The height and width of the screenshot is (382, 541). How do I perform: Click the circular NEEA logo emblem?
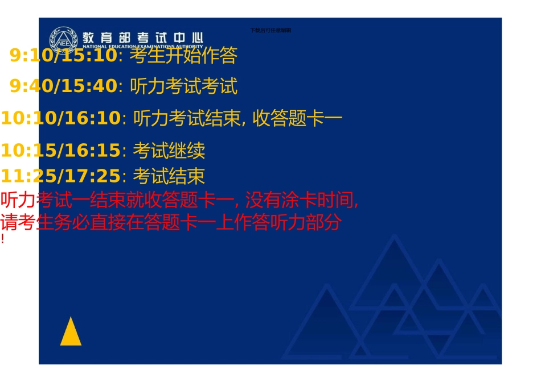click(63, 39)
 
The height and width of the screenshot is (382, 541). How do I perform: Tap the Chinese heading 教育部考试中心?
click(142, 37)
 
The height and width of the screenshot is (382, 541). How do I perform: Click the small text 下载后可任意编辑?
click(270, 30)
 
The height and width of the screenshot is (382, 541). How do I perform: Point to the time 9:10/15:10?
click(63, 55)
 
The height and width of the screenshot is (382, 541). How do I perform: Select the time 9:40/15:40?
click(63, 86)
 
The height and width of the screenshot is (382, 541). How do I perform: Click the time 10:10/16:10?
click(60, 118)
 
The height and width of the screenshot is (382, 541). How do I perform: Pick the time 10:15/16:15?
click(60, 151)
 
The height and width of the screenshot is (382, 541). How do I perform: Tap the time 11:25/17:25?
click(60, 176)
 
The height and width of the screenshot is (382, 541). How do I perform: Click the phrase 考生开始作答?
click(183, 55)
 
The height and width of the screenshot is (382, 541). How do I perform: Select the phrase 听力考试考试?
click(183, 86)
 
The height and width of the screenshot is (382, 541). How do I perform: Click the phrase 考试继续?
click(169, 151)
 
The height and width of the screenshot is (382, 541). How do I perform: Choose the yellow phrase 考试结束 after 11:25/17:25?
click(169, 176)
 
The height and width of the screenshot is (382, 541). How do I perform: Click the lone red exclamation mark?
click(3, 239)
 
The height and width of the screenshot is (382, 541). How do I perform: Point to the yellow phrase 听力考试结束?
click(186, 118)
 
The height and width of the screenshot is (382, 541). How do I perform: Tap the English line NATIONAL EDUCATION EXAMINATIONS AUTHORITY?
click(142, 47)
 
